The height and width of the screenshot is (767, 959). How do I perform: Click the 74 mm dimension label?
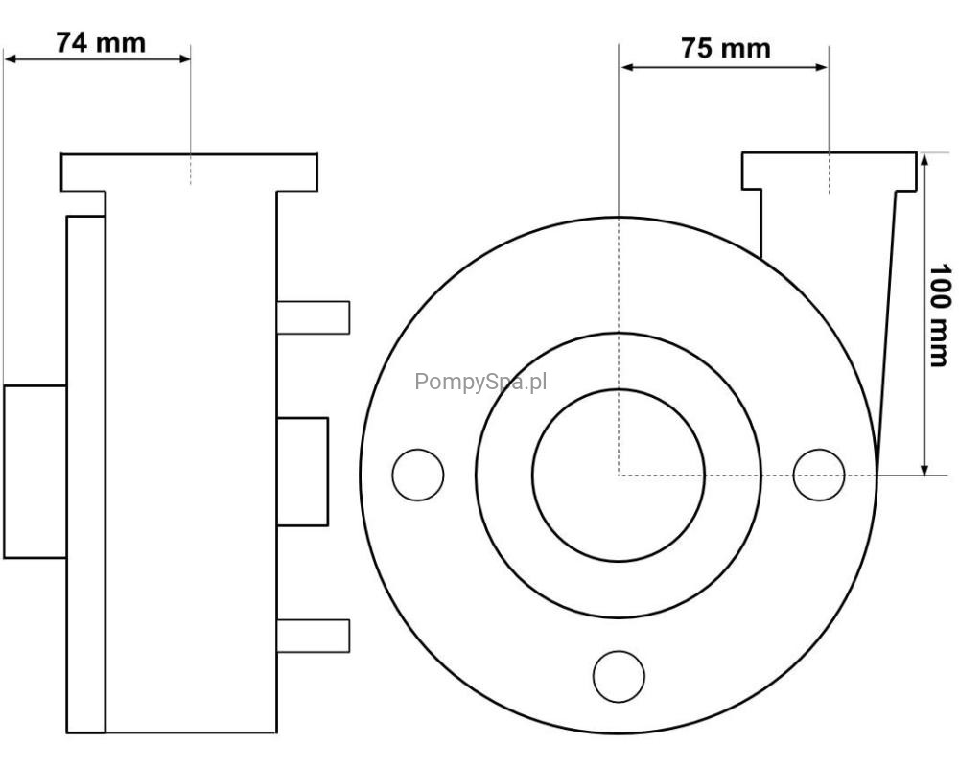pyautogui.click(x=101, y=43)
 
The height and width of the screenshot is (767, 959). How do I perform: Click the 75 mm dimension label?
pyautogui.click(x=726, y=48)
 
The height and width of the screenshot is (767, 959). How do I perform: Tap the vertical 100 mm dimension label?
pyautogui.click(x=940, y=315)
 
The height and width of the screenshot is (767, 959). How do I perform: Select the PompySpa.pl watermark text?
pyautogui.click(x=480, y=383)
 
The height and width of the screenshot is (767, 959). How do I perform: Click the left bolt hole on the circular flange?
pyautogui.click(x=418, y=476)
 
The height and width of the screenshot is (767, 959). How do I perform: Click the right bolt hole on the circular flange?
pyautogui.click(x=819, y=476)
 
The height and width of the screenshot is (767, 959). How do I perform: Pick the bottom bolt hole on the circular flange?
pyautogui.click(x=619, y=677)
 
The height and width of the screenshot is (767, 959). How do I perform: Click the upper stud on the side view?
pyautogui.click(x=314, y=317)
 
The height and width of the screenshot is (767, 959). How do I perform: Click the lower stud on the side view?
pyautogui.click(x=314, y=636)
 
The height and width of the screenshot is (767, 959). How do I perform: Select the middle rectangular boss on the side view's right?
pyautogui.click(x=302, y=472)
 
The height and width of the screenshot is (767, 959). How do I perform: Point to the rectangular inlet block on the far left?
pyautogui.click(x=35, y=472)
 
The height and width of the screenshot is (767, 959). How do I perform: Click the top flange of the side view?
pyautogui.click(x=189, y=173)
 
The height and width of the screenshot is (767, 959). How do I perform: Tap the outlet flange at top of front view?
pyautogui.click(x=830, y=171)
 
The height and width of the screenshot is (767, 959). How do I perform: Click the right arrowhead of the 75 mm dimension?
pyautogui.click(x=821, y=67)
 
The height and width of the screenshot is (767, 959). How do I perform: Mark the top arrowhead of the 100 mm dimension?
pyautogui.click(x=924, y=160)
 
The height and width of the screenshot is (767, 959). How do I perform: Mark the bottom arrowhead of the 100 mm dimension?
pyautogui.click(x=924, y=467)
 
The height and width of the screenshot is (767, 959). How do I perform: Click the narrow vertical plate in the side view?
pyautogui.click(x=85, y=474)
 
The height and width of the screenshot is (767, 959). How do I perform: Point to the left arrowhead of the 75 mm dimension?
pyautogui.click(x=627, y=67)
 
